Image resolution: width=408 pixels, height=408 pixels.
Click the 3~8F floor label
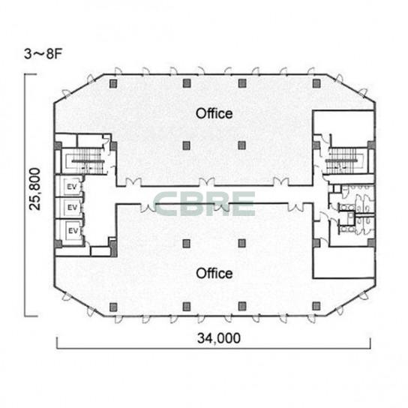point(43,54)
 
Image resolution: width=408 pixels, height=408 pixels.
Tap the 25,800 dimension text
point(35,189)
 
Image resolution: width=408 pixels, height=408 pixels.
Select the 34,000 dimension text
point(219,338)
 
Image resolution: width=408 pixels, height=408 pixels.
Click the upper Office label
point(214,114)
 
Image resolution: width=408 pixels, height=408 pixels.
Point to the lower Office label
point(214,274)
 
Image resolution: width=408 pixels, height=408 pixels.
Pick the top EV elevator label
point(72,187)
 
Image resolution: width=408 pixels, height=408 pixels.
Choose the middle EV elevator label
point(72,208)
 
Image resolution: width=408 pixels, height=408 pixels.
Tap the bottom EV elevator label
point(73,231)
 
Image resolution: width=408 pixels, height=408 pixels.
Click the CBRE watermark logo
point(204,204)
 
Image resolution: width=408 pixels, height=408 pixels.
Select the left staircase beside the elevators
point(84,160)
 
